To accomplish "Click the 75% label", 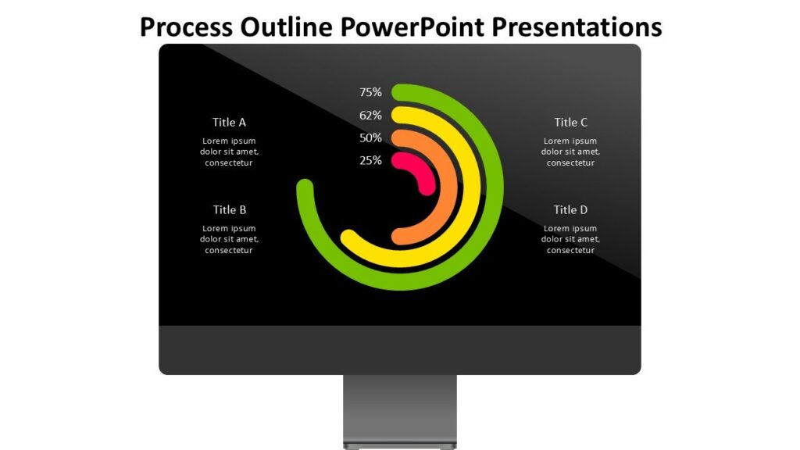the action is coord(370,92).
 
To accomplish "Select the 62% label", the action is coord(370,116).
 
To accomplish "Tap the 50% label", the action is coord(370,137).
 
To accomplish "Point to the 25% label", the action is coord(370,160).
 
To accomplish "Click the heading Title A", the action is coord(229,123).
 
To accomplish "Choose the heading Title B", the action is coord(230,209).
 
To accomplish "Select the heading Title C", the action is coord(571,123).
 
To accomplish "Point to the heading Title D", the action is coord(571,209).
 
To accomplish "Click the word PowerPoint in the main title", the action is coord(412,27).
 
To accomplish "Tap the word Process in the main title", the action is coord(186,27).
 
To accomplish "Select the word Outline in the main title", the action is coord(287,27).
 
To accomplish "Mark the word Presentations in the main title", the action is coord(577,27).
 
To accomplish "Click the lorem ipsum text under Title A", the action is coord(229,152).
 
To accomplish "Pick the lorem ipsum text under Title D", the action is coord(570,239).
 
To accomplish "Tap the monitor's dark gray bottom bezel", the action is coord(400,350).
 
